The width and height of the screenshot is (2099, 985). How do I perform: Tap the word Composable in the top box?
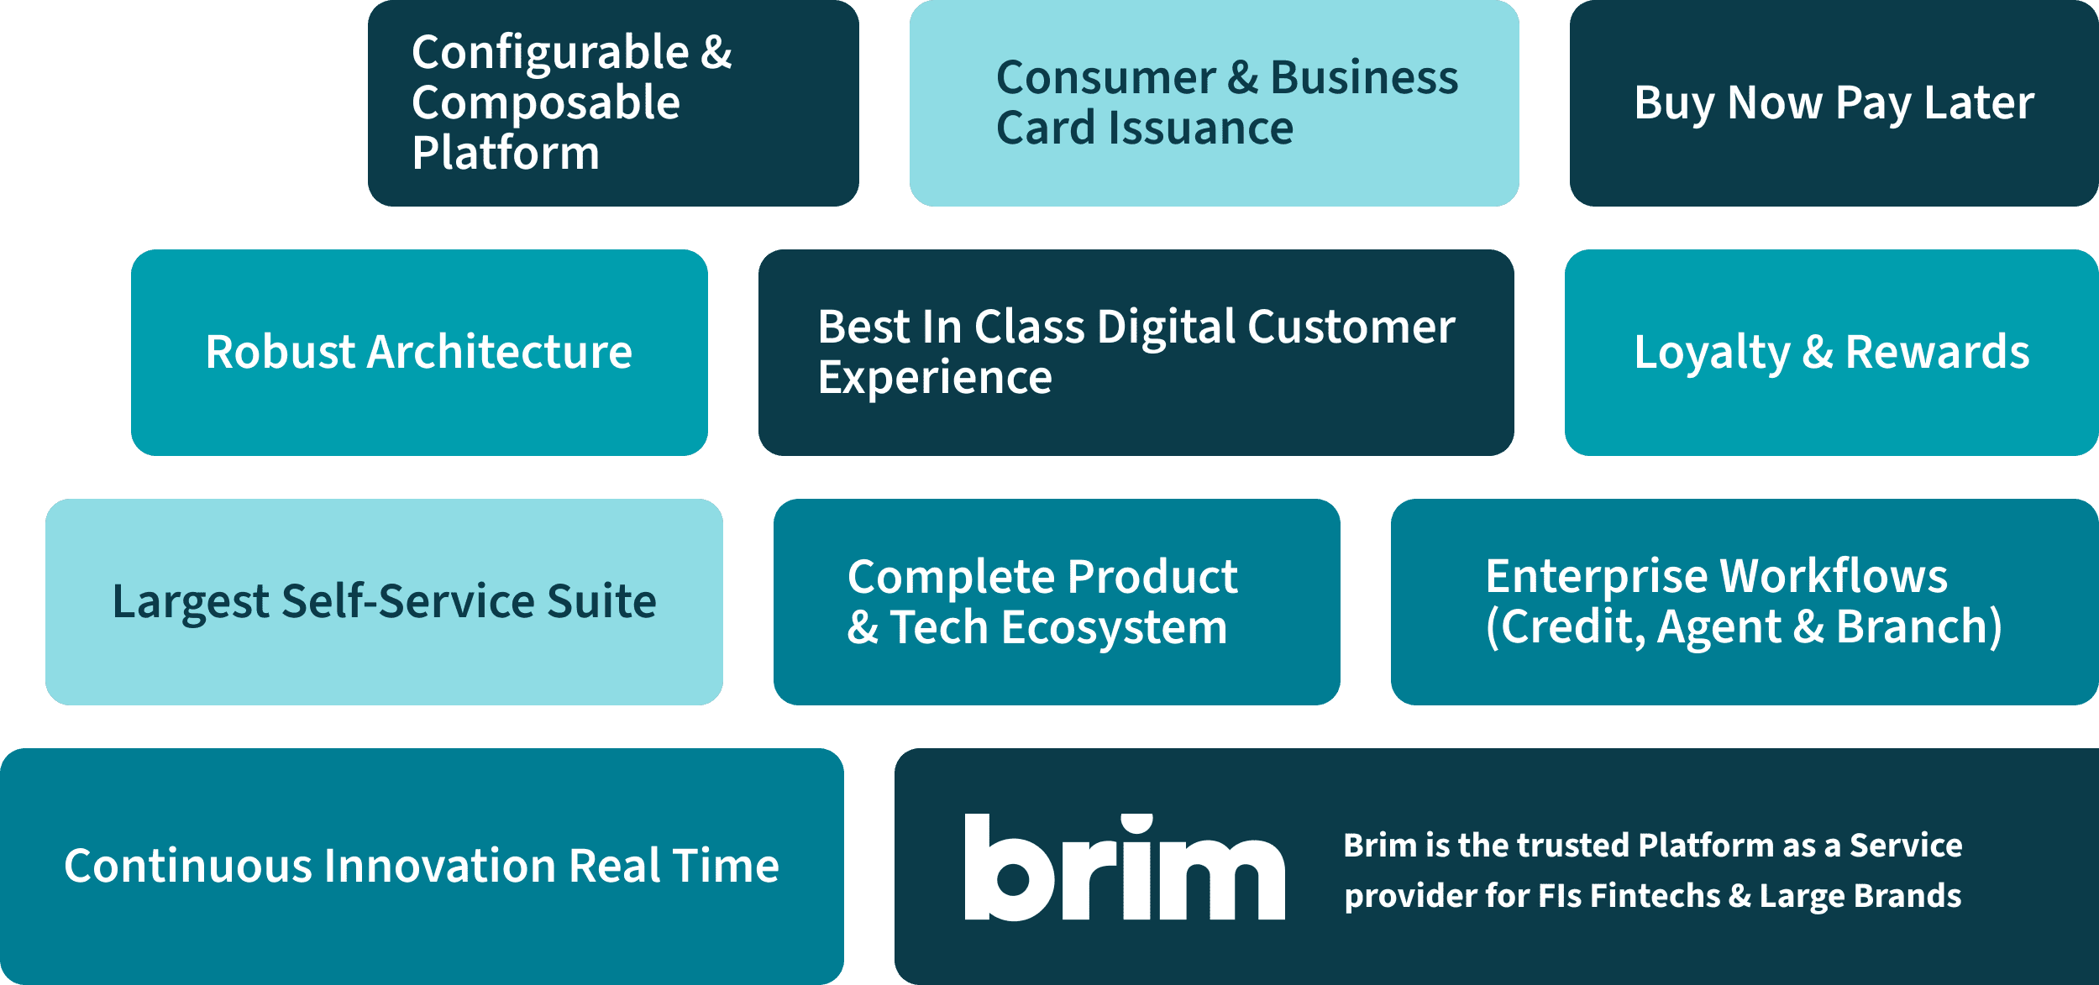click(546, 102)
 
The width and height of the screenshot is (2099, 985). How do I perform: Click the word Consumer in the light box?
click(1105, 77)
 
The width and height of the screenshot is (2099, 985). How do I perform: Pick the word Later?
click(1979, 103)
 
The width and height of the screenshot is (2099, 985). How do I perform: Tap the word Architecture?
click(500, 352)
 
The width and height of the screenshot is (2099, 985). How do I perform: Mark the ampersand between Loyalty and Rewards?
click(1818, 352)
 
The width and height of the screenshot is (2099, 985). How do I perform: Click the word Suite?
click(601, 601)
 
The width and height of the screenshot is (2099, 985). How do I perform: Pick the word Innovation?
click(439, 866)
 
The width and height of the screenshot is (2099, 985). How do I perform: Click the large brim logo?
click(1125, 867)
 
